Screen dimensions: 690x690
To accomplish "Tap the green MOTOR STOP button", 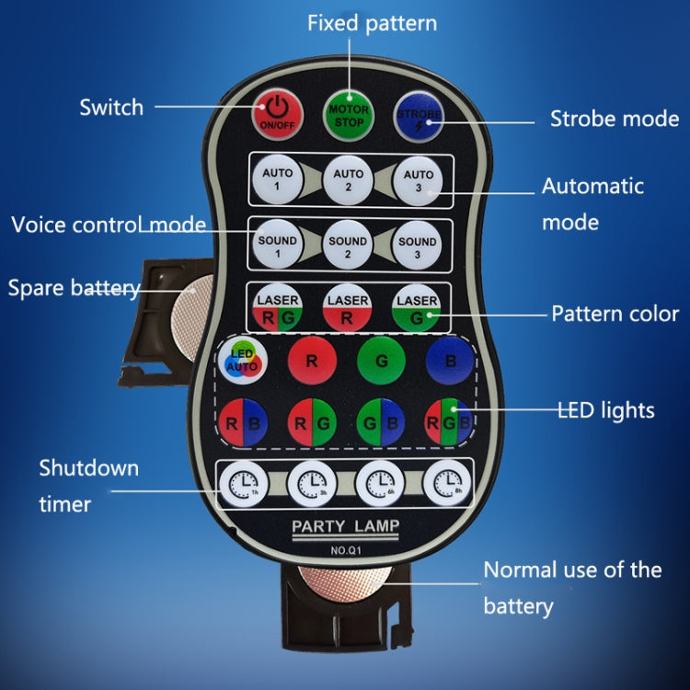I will [348, 114].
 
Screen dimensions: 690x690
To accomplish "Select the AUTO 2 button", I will [348, 179].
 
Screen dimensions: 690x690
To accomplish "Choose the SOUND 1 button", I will [277, 247].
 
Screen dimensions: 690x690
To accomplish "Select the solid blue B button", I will [450, 361].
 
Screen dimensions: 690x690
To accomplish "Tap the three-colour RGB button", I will [450, 423].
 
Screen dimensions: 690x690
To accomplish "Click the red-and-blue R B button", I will [243, 423].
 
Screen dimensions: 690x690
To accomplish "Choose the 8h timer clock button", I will [448, 482].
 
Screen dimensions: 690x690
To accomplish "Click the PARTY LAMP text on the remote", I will [346, 526].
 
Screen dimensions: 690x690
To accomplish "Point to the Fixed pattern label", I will [372, 22].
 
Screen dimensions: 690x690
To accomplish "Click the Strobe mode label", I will [614, 119].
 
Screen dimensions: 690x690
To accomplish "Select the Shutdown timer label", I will [88, 485].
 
